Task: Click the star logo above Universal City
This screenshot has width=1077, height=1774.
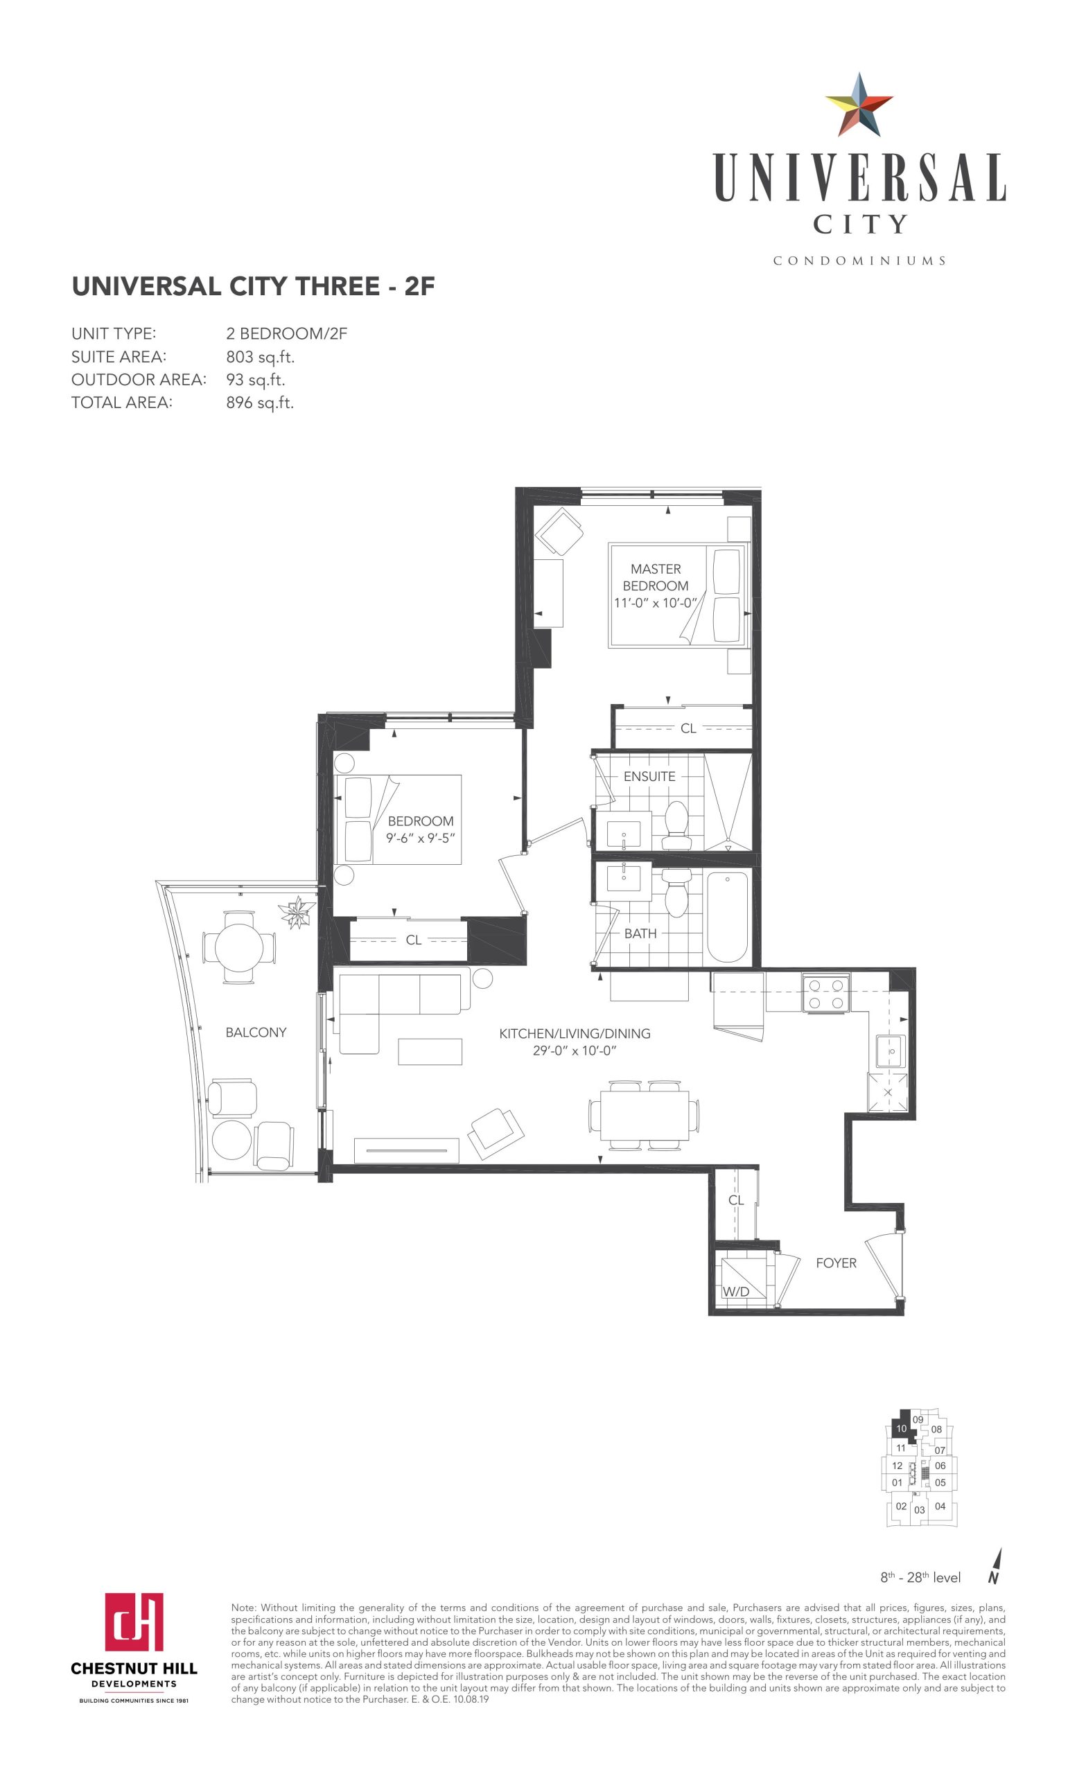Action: coord(859,105)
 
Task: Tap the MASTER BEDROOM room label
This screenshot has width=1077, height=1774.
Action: coord(655,577)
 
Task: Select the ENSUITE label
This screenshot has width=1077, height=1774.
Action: coord(649,776)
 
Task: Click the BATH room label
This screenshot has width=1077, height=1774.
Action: coord(640,933)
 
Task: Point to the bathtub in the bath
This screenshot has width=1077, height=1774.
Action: coord(727,916)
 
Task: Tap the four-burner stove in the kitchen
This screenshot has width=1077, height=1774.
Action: coord(825,993)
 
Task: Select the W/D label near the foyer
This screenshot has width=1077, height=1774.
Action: coord(736,1291)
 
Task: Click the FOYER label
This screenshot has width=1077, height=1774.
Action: coord(836,1263)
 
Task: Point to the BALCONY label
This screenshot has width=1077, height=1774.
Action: coord(256,1032)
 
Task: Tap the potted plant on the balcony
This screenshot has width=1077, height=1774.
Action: coord(297,912)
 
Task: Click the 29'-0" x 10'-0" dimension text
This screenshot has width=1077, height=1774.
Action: coord(575,1051)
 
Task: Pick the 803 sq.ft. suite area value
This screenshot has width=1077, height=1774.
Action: coord(260,356)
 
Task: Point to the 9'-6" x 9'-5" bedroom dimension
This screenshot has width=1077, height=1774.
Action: coord(421,838)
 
